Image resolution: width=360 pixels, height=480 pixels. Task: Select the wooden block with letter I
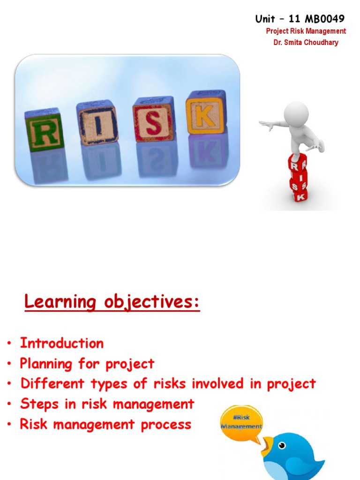[x=97, y=122]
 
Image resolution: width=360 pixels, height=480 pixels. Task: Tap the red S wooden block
[x=153, y=120]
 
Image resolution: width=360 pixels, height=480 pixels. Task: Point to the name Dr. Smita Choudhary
[x=306, y=43]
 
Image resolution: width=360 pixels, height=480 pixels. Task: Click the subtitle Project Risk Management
[x=306, y=31]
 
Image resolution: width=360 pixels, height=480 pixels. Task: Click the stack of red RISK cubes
[x=298, y=178]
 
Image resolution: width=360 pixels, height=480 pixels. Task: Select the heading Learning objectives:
[x=112, y=302]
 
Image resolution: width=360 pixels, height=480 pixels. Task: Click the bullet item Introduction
[x=61, y=343]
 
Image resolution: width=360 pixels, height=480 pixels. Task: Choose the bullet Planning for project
[x=87, y=364]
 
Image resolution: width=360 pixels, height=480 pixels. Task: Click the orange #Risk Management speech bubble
[x=241, y=421]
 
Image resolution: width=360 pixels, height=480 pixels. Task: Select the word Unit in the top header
[x=265, y=19]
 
